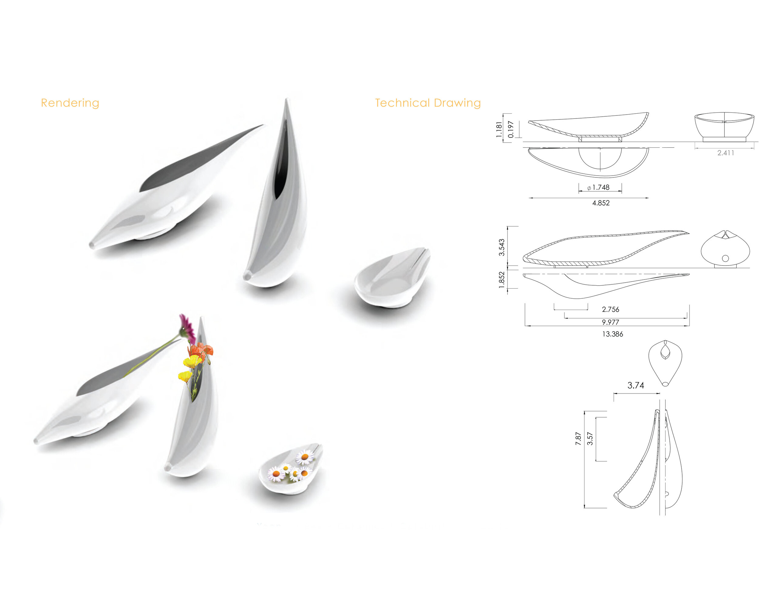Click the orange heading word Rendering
[x=70, y=103]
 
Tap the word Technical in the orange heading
[x=402, y=103]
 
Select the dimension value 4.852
[x=601, y=203]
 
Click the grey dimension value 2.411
[x=726, y=153]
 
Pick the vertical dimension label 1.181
[x=499, y=130]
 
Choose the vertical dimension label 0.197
[x=511, y=130]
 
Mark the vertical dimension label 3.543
[x=502, y=247]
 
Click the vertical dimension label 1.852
[x=502, y=280]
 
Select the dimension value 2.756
[x=610, y=309]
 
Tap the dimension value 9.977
[x=610, y=322]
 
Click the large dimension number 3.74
[x=635, y=385]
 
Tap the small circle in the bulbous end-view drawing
[x=725, y=258]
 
